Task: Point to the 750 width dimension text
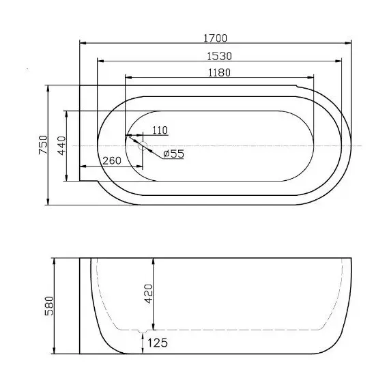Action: [42, 145]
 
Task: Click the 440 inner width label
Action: [60, 145]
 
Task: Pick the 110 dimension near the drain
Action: [160, 130]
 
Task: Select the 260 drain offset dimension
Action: [112, 161]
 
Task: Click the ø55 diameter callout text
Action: [174, 154]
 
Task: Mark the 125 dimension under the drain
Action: [157, 343]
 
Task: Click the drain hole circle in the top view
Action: [143, 145]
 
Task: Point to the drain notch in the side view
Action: [143, 334]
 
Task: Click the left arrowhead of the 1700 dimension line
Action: [82, 44]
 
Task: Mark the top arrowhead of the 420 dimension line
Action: [156, 261]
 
